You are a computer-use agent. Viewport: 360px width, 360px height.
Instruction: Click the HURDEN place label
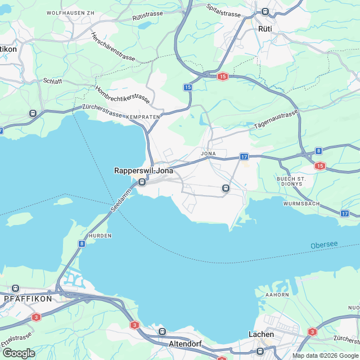(x=100, y=235)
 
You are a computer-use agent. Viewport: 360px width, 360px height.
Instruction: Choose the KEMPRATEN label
(x=143, y=116)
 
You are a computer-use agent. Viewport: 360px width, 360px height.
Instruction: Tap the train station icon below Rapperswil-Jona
(x=142, y=182)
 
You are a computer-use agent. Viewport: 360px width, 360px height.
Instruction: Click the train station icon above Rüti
(x=264, y=11)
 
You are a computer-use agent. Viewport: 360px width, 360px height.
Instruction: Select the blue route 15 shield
(x=188, y=87)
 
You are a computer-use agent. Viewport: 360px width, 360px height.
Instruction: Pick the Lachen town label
(x=261, y=334)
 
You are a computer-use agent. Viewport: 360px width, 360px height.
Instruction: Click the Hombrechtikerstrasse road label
(x=122, y=93)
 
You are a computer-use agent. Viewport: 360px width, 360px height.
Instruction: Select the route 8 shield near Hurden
(x=82, y=244)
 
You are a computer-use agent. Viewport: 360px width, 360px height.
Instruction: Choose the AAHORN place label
(x=278, y=295)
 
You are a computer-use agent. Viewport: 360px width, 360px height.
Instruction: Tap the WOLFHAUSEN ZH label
(x=70, y=12)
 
